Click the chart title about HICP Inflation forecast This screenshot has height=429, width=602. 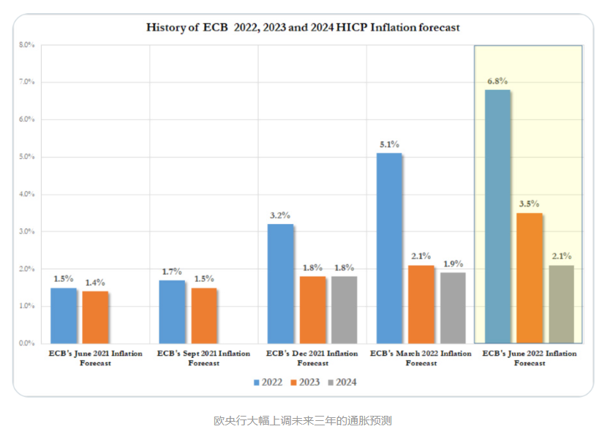point(303,27)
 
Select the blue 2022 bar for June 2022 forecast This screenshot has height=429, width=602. point(497,216)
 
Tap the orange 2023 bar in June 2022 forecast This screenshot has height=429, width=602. point(530,277)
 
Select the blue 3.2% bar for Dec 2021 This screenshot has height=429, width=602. point(280,283)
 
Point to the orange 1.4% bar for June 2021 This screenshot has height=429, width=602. point(95,317)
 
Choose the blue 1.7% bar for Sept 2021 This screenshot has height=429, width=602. point(172,311)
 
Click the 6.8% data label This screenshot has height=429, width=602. point(497,81)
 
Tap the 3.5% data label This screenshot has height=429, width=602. point(530,204)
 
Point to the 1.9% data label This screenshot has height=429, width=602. point(452,264)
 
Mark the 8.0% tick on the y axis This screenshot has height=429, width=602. point(26,45)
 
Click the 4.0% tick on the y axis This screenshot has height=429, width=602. point(26,195)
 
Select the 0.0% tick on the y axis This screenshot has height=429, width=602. point(26,343)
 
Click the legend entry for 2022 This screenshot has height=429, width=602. point(268,382)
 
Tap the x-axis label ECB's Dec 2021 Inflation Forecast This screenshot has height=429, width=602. point(312,358)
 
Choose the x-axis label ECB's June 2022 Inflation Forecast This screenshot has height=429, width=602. point(529,358)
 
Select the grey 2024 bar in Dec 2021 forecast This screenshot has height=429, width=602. point(344,310)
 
